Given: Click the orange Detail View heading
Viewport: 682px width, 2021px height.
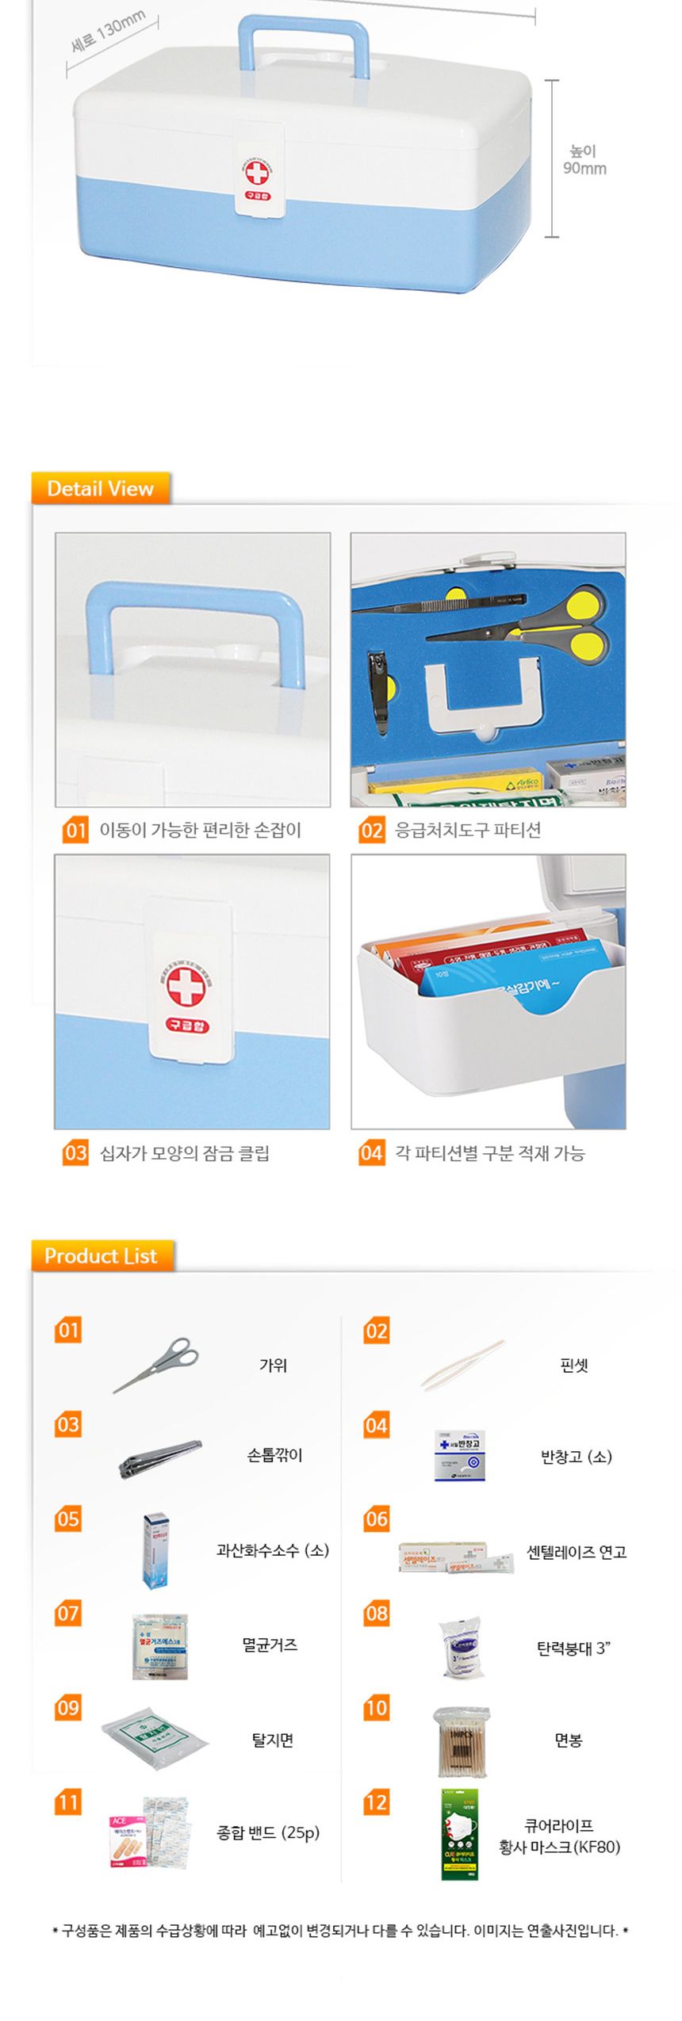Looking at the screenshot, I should [x=100, y=488].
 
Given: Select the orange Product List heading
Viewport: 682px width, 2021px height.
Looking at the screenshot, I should [x=101, y=1255].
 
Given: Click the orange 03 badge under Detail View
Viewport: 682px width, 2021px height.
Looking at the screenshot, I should [x=75, y=1152].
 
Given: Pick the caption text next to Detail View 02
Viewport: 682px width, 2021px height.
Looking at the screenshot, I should [x=468, y=830].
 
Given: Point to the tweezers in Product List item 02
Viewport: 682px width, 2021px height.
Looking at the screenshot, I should [x=462, y=1365].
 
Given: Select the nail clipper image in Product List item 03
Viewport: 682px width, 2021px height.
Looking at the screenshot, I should [x=160, y=1457].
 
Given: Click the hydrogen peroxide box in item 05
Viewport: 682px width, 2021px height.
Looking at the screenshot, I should [x=155, y=1550].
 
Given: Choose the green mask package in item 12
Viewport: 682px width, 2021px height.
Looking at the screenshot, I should [x=460, y=1834].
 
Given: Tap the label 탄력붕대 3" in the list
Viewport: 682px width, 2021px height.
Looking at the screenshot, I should [x=573, y=1648].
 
